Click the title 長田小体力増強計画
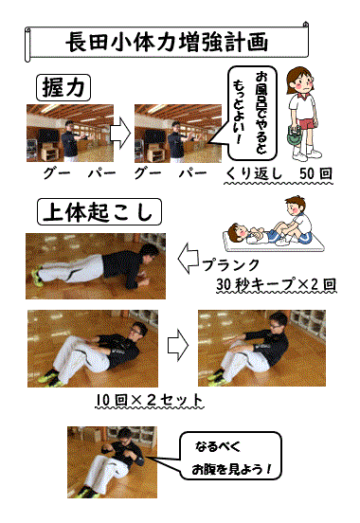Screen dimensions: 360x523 (x=167, y=42)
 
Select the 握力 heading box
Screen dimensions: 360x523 (x=63, y=88)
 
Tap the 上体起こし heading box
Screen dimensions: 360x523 (x=99, y=212)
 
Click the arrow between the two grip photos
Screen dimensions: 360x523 (x=119, y=133)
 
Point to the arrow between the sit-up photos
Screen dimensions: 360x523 (x=177, y=345)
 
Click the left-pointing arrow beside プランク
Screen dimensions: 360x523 (x=189, y=258)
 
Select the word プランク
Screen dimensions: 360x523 (x=231, y=265)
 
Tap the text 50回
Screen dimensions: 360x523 (x=315, y=173)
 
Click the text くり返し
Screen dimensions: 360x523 (x=253, y=173)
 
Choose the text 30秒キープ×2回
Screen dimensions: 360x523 (x=276, y=284)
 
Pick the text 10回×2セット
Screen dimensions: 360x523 (x=149, y=400)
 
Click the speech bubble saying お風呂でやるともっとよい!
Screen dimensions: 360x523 (x=252, y=114)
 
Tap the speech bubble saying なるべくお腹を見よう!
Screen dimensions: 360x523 (x=230, y=456)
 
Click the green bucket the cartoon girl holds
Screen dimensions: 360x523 (x=294, y=136)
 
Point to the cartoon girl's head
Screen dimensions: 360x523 (x=300, y=81)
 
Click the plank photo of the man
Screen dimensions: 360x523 (x=96, y=266)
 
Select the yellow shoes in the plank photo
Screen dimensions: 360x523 (x=37, y=278)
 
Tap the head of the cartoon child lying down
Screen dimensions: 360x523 (x=237, y=232)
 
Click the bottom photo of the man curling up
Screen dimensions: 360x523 (x=112, y=462)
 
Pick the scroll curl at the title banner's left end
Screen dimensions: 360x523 (x=27, y=45)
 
